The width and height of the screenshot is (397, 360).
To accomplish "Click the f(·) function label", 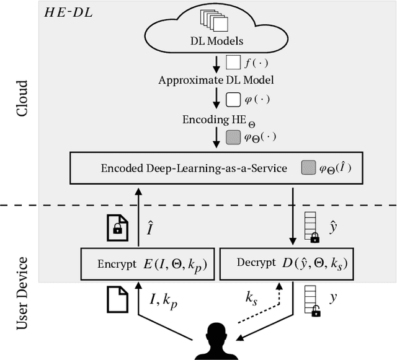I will coord(255,62).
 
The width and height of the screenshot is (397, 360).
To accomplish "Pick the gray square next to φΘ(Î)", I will coord(307,167).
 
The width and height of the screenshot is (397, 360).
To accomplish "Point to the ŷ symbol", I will coord(333,227).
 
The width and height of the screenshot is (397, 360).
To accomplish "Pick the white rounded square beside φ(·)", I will coord(233,99).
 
